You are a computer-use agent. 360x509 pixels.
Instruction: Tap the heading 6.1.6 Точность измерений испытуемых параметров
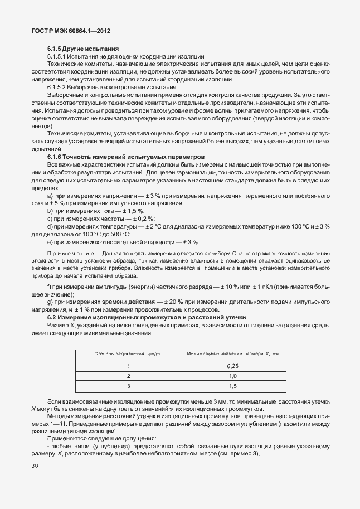127,157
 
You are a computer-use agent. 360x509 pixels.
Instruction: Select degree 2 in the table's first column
128,376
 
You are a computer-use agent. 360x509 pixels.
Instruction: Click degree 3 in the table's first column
128,386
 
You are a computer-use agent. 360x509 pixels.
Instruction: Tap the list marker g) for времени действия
50,302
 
